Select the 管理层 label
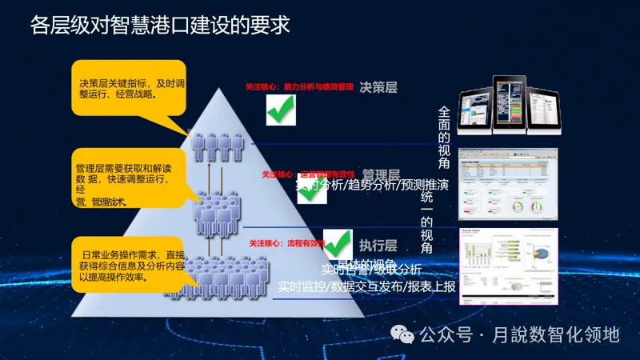(381, 174)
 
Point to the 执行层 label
(378, 245)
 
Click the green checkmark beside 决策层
(281, 109)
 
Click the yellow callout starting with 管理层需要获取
(128, 180)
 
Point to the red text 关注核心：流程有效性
(287, 242)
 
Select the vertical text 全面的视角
(445, 138)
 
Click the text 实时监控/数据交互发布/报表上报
(366, 286)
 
